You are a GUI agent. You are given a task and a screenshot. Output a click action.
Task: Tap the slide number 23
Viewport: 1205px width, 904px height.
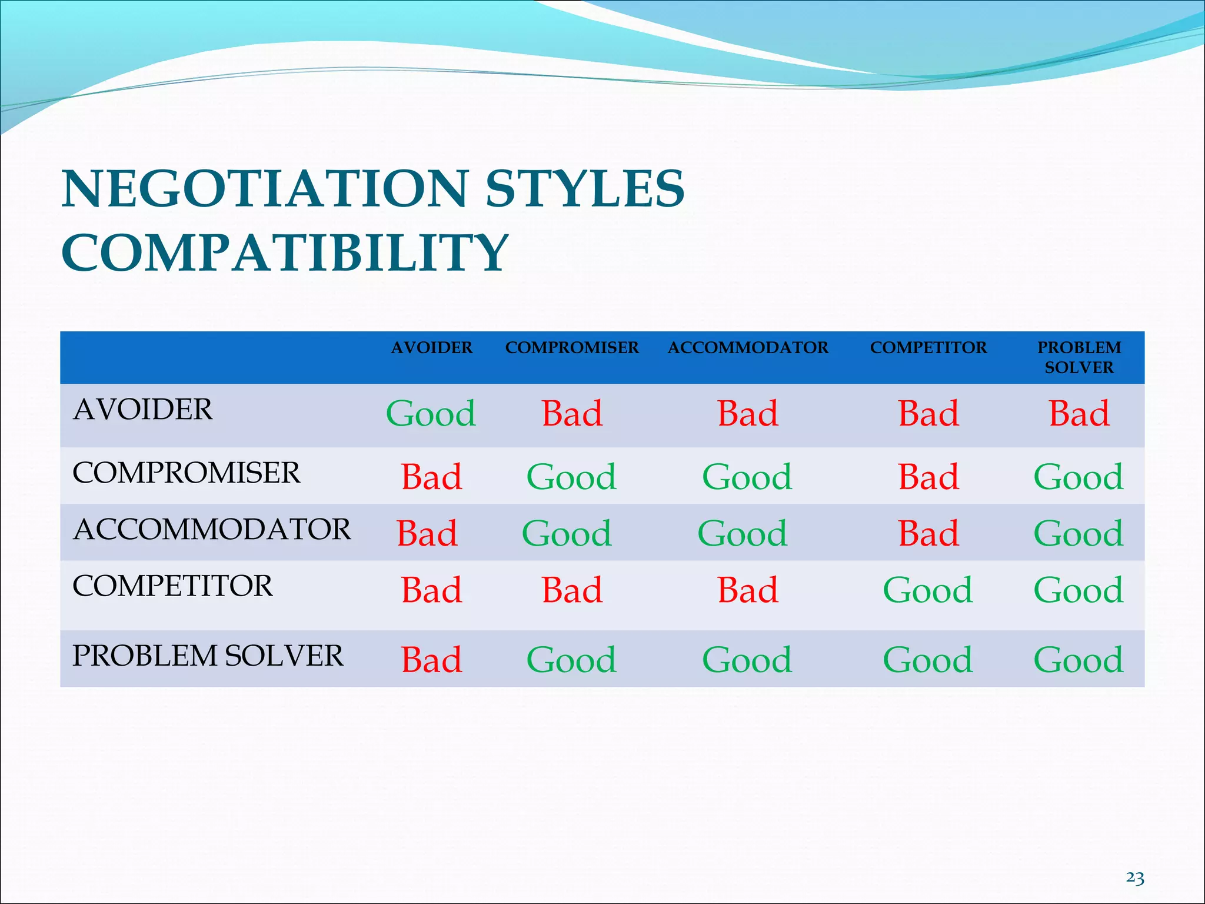[x=1135, y=878]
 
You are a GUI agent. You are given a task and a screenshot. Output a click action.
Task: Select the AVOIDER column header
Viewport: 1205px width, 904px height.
[x=431, y=348]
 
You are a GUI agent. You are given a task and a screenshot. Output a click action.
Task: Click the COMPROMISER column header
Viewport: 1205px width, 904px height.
[x=572, y=348]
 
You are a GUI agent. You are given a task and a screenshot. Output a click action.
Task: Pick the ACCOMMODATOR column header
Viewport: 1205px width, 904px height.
[x=748, y=348]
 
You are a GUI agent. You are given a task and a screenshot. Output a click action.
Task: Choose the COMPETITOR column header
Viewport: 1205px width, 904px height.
[x=928, y=348]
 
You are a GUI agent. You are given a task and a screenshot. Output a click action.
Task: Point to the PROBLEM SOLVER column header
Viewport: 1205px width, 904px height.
[x=1079, y=357]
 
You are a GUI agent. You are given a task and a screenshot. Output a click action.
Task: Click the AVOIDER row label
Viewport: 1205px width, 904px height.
[x=142, y=410]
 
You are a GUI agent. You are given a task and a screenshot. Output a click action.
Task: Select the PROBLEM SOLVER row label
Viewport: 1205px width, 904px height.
[x=208, y=656]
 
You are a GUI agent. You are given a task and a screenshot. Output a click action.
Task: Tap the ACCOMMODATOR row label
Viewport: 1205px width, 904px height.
[x=212, y=529]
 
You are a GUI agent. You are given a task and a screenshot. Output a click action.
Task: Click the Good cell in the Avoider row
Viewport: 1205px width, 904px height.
[x=431, y=414]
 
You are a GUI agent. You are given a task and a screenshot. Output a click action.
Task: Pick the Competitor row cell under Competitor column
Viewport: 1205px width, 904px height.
[x=928, y=590]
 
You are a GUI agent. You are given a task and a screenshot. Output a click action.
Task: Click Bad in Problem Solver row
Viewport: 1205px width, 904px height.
[x=431, y=660]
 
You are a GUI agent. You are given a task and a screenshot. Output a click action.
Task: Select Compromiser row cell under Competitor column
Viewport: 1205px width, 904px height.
[x=928, y=477]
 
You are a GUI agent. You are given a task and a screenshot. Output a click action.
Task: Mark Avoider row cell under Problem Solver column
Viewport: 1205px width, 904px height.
[x=1079, y=414]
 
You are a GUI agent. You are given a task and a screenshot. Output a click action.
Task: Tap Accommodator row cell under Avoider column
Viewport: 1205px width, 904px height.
[x=427, y=534]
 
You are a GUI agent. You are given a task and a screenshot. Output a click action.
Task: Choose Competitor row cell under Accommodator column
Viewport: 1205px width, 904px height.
[x=748, y=590]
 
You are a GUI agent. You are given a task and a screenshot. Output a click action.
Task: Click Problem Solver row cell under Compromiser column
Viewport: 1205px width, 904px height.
[x=571, y=660]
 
